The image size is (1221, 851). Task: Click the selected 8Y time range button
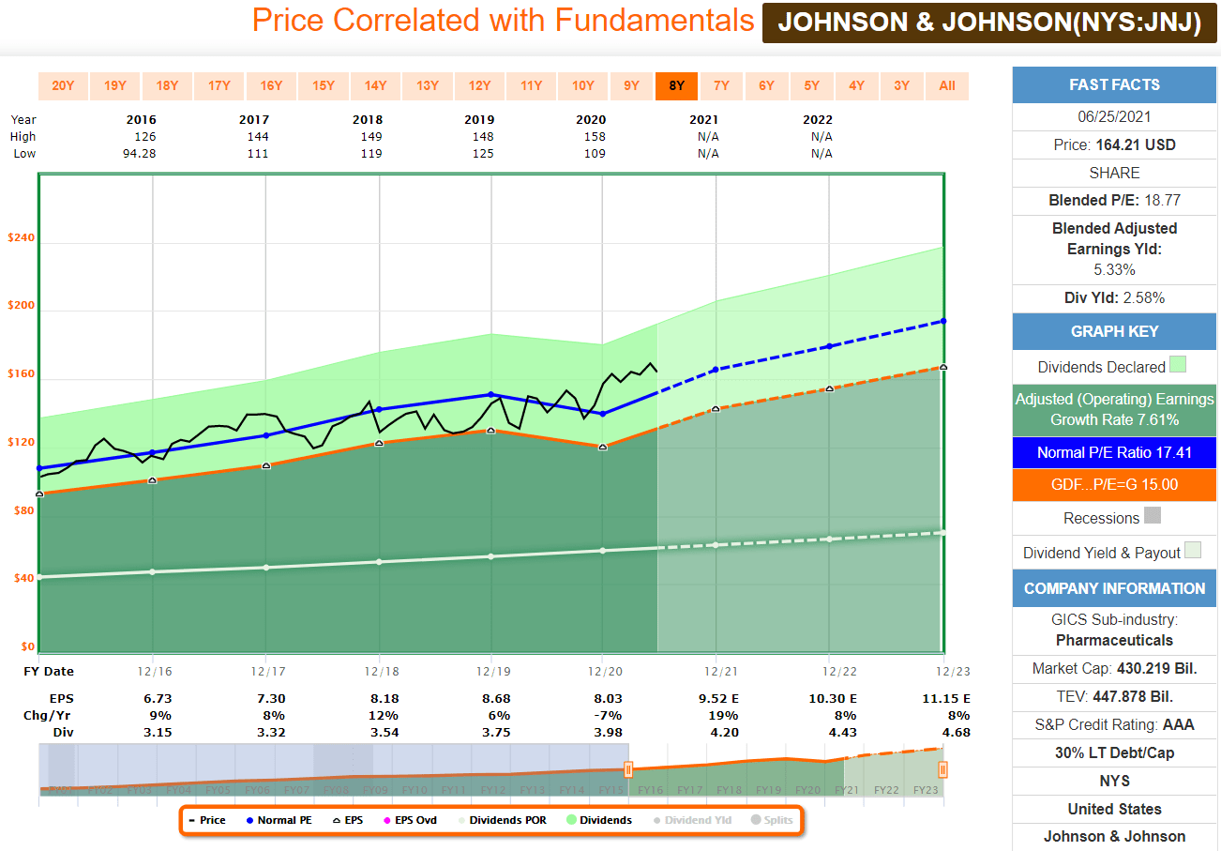coord(676,85)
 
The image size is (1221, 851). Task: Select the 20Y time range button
coord(63,85)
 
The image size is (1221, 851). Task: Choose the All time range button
coord(946,85)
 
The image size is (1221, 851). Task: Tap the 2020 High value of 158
coord(594,137)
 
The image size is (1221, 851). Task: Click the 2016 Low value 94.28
coord(140,154)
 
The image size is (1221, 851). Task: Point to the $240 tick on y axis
coord(21,238)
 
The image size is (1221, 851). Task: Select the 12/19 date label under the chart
coord(491,672)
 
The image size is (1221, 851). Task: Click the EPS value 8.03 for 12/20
coord(608,699)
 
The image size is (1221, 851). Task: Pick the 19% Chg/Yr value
coord(723,716)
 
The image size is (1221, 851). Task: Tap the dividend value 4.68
coord(957,733)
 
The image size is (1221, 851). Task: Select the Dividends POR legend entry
coord(509,820)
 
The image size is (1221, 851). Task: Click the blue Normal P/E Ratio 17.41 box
coord(1114,452)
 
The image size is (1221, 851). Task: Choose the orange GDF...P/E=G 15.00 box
coord(1114,484)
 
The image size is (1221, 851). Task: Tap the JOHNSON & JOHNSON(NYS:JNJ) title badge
coord(988,23)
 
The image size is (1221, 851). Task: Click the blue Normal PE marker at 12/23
coord(942,321)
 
